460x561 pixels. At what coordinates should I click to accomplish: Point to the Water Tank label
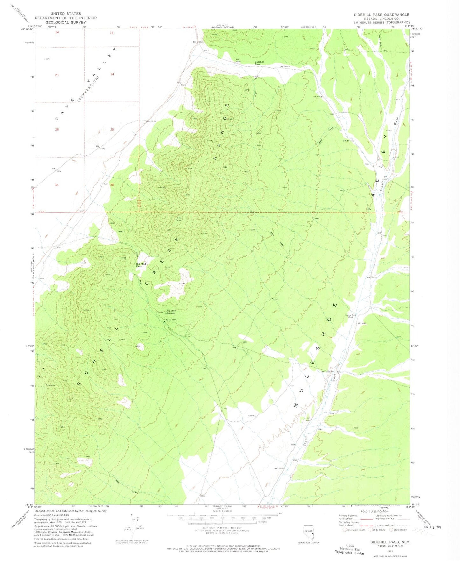[x=171, y=320]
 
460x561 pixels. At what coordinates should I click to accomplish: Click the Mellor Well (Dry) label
[x=350, y=316]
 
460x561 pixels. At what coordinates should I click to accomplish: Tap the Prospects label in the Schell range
[x=50, y=385]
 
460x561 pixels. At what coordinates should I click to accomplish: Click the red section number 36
[x=112, y=185]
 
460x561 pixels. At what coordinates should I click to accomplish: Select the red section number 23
[x=57, y=75]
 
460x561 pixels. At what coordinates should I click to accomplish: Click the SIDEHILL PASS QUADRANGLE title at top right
[x=381, y=15]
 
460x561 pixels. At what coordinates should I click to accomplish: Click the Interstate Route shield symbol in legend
[x=345, y=530]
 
